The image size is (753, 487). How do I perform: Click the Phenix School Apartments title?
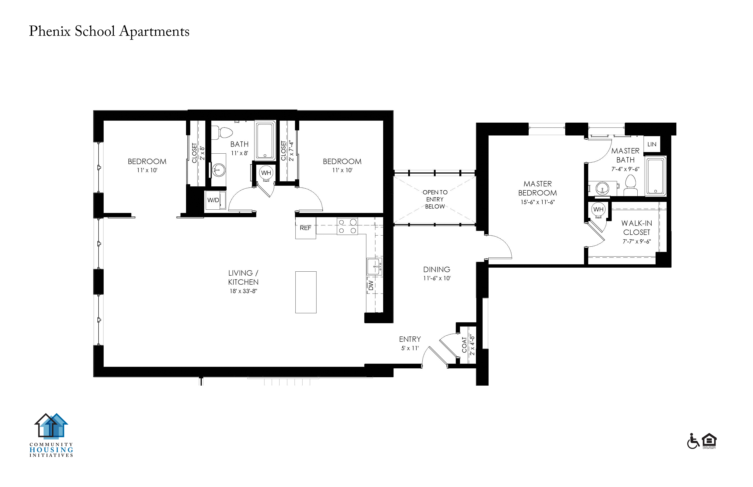point(109,31)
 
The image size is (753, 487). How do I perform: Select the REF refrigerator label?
point(305,228)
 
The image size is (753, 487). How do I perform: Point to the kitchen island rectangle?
point(306,292)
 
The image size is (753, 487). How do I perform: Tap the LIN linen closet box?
point(652,144)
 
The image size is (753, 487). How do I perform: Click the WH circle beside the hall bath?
point(266,173)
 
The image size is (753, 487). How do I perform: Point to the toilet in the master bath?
point(631,185)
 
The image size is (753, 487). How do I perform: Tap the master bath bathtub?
point(656,176)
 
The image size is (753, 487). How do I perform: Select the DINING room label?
point(437,269)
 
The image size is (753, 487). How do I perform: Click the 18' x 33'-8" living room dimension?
point(243,291)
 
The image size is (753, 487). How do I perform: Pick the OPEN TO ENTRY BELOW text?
point(435,199)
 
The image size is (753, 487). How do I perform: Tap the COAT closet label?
point(464,345)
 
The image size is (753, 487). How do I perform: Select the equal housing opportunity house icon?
point(709,440)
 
